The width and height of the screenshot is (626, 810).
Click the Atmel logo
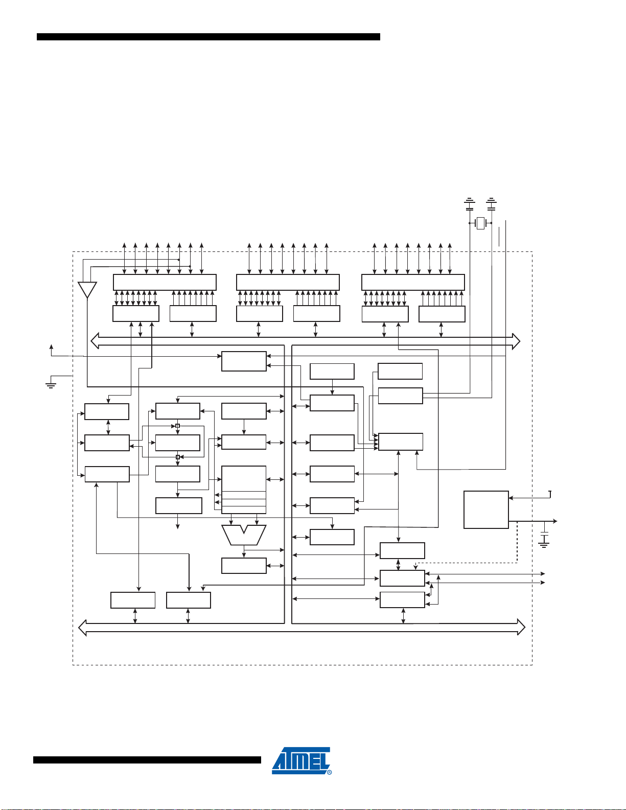click(300, 760)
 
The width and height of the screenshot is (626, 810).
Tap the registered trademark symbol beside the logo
click(330, 772)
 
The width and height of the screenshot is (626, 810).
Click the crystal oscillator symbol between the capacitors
click(481, 223)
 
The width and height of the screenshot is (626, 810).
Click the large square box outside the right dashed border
click(486, 510)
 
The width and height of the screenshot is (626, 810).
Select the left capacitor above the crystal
click(470, 204)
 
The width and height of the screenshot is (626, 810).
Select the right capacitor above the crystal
click(492, 204)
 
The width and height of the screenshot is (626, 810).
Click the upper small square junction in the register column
click(178, 426)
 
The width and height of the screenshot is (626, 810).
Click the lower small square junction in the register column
click(178, 457)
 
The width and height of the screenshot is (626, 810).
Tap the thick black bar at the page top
click(208, 37)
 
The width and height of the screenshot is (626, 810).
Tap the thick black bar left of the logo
click(147, 760)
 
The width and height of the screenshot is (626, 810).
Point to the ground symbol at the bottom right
click(544, 545)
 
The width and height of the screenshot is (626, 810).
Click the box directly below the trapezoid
click(244, 566)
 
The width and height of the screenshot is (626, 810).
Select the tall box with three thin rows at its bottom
click(244, 490)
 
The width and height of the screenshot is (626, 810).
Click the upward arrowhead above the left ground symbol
click(52, 347)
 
